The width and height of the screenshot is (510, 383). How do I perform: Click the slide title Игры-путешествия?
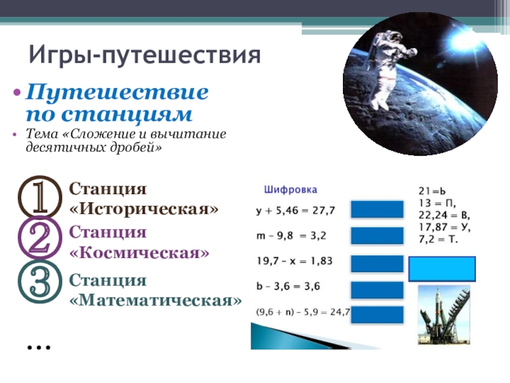pos(145,55)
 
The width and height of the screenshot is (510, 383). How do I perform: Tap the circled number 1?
pos(40,197)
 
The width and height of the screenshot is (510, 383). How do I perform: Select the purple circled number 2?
pos(40,238)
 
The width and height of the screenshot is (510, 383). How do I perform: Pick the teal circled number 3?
pos(40,282)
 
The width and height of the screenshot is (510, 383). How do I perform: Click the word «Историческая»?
pos(144,209)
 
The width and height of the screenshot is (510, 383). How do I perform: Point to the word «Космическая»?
pos(139,252)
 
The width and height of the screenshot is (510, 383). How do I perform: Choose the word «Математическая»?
pos(156,300)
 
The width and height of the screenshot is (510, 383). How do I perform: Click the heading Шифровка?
pos(291,190)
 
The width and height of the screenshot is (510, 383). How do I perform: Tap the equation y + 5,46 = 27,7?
pos(295,211)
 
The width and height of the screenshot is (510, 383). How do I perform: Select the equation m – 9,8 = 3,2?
pos(291,236)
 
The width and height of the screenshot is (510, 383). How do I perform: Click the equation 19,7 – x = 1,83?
pos(295,261)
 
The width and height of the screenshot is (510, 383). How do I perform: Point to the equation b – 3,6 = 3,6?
pos(288,286)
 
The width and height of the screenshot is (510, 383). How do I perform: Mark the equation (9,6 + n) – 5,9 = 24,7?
pos(303,312)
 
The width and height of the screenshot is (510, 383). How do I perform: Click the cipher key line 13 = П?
pos(437,203)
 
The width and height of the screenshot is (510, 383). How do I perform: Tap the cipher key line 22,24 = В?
pos(444,215)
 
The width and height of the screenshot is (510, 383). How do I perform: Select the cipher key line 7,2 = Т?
pos(438,239)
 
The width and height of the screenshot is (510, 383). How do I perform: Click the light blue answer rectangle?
pos(442,269)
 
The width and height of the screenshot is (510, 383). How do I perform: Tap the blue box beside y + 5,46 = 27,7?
pos(377,209)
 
